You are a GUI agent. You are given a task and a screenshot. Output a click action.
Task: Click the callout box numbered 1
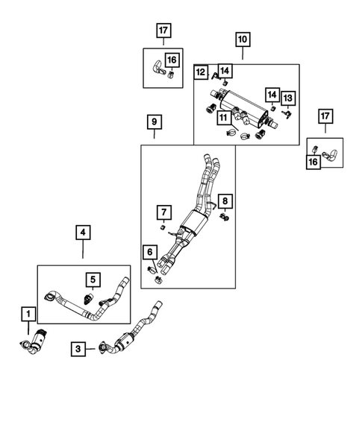pos(28,315)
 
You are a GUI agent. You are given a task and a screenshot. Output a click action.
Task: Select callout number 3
pos(78,347)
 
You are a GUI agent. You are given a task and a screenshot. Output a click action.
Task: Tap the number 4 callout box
pos(83,233)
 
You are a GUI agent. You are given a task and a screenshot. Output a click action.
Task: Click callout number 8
pos(225,200)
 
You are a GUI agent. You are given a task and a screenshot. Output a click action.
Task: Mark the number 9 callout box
pos(154,121)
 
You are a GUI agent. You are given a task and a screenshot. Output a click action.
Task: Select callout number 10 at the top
pos(243,38)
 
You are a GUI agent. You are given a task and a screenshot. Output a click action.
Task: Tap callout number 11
pos(222,116)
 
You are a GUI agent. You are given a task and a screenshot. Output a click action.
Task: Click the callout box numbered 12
pos(201,72)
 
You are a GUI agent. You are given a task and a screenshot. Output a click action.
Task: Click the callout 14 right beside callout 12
pos(225,71)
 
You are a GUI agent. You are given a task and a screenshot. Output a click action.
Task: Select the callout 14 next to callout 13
pos(272,95)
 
